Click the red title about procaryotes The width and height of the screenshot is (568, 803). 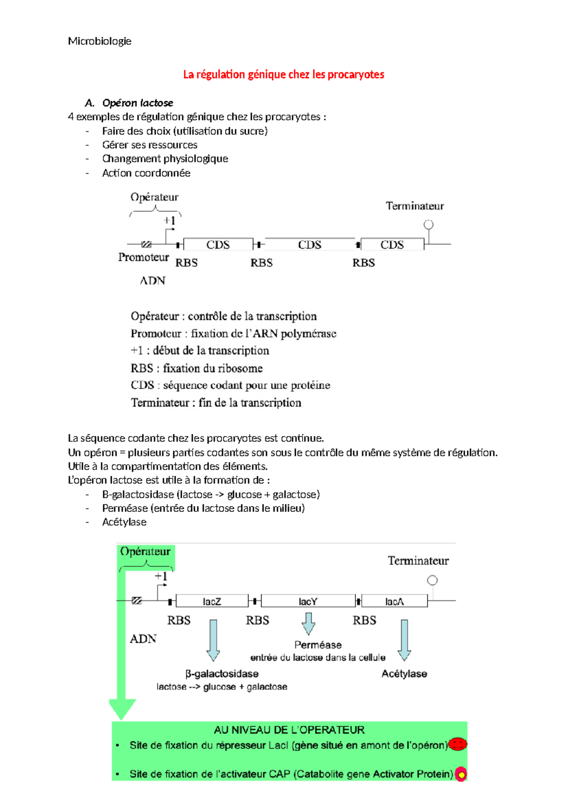(x=284, y=74)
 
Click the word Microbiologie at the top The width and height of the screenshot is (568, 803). (x=99, y=41)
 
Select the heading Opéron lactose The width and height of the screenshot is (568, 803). (x=137, y=103)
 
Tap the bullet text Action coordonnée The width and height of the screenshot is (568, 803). (x=146, y=173)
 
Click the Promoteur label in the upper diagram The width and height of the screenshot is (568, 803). (x=143, y=257)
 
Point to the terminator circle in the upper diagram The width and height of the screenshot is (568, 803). (x=428, y=225)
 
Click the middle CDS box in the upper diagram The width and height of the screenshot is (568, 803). (x=310, y=244)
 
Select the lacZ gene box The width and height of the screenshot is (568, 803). (x=212, y=601)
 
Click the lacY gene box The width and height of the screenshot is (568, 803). (x=308, y=601)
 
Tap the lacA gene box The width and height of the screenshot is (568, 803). (x=394, y=601)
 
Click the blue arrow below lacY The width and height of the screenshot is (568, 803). (x=308, y=623)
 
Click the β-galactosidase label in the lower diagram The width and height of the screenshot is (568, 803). (x=222, y=673)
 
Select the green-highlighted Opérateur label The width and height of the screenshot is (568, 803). (x=145, y=552)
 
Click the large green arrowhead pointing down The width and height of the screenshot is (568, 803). (x=123, y=709)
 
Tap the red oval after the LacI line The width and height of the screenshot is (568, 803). (x=458, y=744)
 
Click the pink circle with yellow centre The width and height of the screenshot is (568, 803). (x=461, y=774)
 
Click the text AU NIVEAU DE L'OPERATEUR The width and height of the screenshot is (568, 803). (x=289, y=730)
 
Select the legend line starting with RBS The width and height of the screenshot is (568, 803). (x=196, y=368)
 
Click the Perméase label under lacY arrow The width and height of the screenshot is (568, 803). (x=318, y=645)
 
